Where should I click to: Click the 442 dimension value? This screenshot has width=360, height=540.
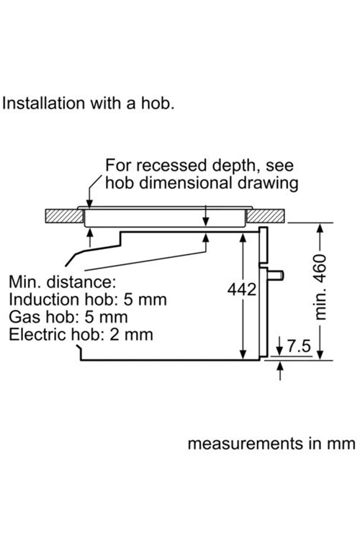click(242, 289)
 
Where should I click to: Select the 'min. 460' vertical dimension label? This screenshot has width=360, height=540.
click(320, 287)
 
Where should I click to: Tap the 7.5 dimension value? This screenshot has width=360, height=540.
click(299, 346)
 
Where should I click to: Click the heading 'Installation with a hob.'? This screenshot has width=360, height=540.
click(88, 103)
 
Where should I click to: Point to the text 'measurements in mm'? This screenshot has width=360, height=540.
click(271, 444)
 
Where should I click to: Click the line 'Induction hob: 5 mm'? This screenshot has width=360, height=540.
click(88, 300)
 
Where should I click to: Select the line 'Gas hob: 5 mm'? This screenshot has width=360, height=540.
click(68, 317)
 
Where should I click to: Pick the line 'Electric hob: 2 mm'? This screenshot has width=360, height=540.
click(81, 334)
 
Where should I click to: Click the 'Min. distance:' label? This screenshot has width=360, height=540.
click(63, 282)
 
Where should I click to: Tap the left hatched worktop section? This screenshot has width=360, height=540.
click(64, 216)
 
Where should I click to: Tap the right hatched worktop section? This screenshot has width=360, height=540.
click(266, 216)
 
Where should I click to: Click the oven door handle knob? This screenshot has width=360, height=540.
click(276, 275)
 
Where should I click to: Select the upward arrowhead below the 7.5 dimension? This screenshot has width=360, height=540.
click(280, 366)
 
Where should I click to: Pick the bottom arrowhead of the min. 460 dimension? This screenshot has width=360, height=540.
click(320, 355)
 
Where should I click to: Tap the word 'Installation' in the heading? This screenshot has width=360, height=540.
click(43, 103)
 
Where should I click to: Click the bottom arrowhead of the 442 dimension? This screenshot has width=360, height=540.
click(243, 355)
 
